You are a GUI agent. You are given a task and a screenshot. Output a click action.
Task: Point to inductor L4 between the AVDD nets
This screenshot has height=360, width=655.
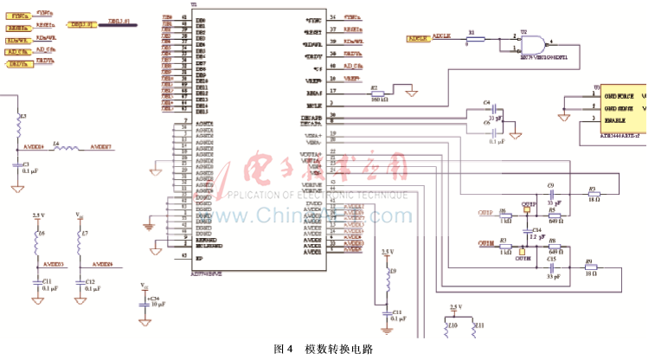(66, 149)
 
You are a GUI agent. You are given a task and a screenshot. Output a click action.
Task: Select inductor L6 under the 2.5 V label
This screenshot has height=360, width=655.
(37, 235)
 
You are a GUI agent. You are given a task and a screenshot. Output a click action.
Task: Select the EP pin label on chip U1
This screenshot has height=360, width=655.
(199, 257)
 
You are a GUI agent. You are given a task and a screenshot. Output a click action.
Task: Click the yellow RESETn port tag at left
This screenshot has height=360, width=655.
(19, 28)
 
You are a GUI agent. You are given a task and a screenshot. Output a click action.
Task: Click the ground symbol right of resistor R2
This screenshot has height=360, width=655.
(414, 92)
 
